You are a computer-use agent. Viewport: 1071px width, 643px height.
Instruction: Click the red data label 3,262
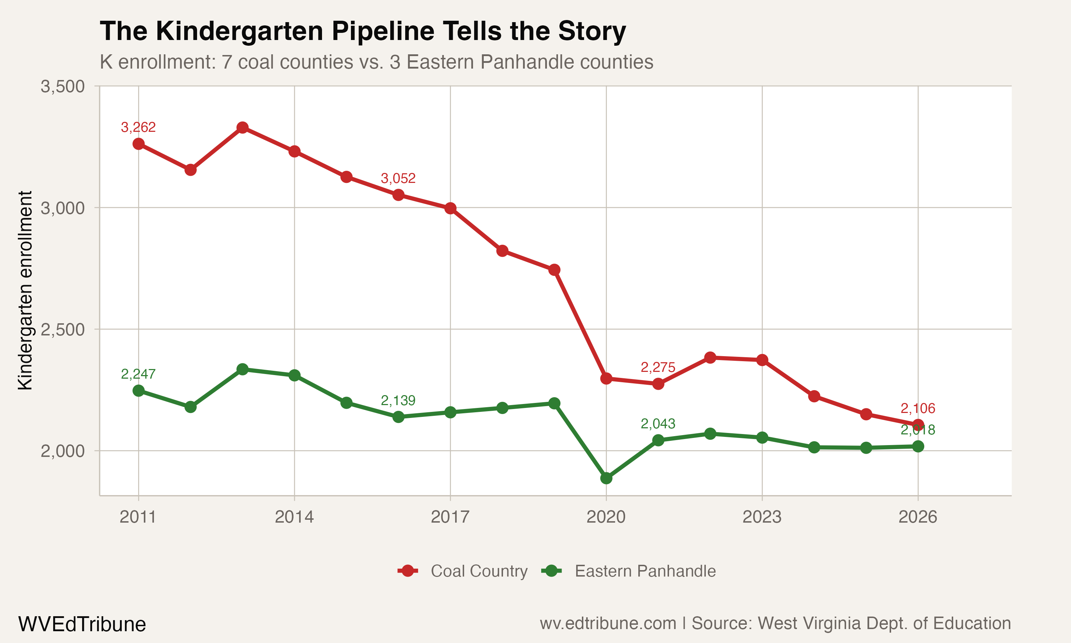138,128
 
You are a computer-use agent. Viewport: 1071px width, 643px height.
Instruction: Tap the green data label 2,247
138,374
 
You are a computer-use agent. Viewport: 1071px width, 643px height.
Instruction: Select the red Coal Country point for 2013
242,128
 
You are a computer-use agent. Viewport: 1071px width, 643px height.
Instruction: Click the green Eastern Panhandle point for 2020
606,478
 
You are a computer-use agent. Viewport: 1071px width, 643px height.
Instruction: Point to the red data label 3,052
398,178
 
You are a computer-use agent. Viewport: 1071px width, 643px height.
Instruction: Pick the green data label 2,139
398,400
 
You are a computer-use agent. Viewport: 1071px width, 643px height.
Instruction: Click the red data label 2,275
658,368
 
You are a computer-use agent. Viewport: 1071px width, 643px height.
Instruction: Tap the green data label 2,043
658,424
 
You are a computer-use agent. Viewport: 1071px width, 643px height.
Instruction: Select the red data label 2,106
918,408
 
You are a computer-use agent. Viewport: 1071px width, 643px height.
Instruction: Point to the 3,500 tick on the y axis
63,86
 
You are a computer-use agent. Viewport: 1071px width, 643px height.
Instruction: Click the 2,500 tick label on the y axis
63,329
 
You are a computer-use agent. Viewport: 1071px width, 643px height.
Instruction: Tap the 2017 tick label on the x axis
450,517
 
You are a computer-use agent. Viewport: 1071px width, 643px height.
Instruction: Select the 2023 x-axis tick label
762,517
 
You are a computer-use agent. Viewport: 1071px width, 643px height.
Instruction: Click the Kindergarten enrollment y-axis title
25,290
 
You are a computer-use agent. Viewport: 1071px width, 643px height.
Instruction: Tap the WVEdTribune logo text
82,624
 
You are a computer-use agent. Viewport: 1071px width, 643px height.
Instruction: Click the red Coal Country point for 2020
606,379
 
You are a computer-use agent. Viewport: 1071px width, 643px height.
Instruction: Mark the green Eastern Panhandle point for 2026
918,446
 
